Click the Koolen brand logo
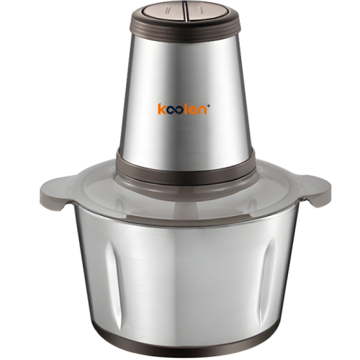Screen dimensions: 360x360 click(x=184, y=109)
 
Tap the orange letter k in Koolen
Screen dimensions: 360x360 click(x=161, y=109)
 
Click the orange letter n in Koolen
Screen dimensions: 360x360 click(x=203, y=111)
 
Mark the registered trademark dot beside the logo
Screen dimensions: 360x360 click(x=209, y=105)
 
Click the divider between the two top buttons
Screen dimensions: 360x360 click(x=185, y=12)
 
